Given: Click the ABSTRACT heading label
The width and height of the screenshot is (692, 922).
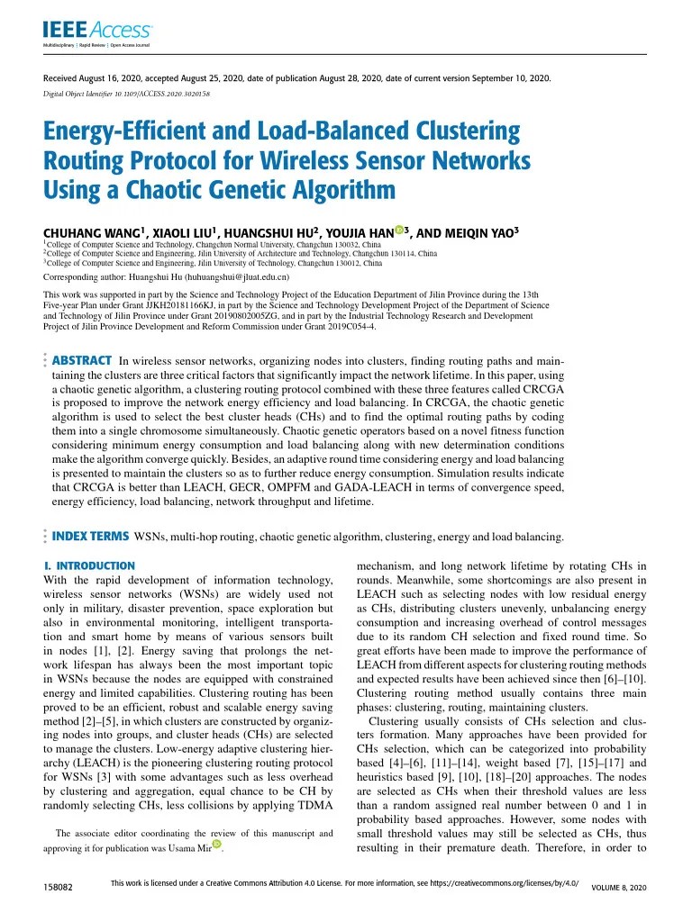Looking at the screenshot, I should pyautogui.click(x=82, y=360).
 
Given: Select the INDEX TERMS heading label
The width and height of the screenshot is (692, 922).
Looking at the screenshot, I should pyautogui.click(x=90, y=537).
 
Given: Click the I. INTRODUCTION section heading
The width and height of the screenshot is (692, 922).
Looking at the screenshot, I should pyautogui.click(x=89, y=565).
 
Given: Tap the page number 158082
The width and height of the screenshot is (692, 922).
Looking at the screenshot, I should pyautogui.click(x=59, y=888).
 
